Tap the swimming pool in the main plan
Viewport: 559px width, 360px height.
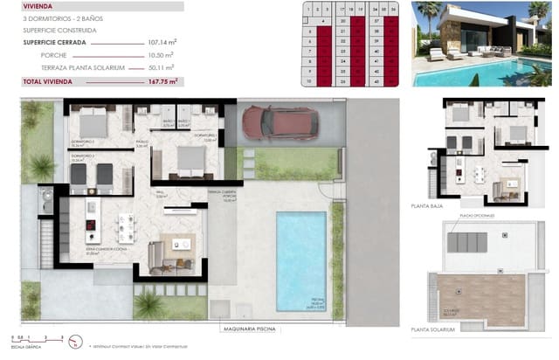click(x=300, y=260)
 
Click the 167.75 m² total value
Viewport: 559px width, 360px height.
click(x=162, y=80)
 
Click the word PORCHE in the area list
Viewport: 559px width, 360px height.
click(x=53, y=54)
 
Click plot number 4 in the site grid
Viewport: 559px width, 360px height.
click(x=323, y=19)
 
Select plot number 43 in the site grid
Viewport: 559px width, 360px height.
click(x=376, y=82)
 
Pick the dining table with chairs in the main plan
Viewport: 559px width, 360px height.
click(x=127, y=227)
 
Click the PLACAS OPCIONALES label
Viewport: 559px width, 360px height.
click(x=477, y=214)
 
